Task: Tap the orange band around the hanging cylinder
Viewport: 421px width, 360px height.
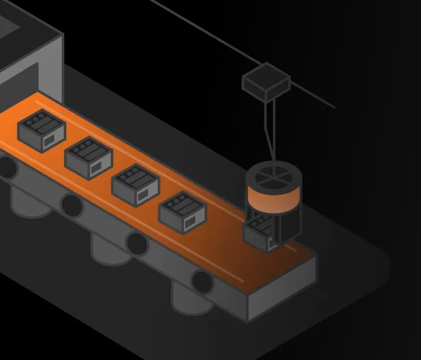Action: (273, 199)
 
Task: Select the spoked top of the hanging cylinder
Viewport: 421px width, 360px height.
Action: (273, 175)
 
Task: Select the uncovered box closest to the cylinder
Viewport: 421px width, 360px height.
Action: (183, 212)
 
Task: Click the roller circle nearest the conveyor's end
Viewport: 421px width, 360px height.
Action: (201, 281)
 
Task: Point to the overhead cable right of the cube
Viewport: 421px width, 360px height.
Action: (312, 95)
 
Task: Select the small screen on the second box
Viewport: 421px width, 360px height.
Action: (98, 166)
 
